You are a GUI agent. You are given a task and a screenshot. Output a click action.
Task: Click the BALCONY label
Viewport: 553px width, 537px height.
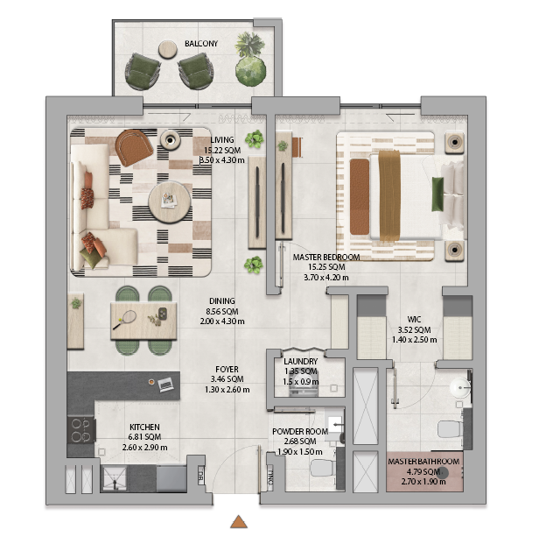201,44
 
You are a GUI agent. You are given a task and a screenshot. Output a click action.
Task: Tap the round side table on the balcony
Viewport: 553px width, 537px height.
167,49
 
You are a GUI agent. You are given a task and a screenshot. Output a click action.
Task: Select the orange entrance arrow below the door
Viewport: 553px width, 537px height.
239,522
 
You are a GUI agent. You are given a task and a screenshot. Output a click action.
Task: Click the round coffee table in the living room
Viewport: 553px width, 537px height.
170,202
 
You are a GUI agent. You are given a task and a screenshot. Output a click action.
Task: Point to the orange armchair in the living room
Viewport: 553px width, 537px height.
134,147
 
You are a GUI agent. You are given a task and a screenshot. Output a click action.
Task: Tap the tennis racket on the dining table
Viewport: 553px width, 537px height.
125,320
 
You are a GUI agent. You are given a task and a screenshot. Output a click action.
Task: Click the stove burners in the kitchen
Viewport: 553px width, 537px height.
81,429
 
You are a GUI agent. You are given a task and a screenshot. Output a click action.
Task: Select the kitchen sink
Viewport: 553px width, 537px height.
115,479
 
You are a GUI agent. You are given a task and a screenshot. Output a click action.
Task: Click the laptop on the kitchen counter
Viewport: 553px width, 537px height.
165,384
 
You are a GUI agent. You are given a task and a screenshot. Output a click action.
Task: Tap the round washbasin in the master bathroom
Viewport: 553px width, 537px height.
460,386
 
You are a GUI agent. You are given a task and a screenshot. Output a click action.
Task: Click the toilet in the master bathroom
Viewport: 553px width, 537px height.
450,429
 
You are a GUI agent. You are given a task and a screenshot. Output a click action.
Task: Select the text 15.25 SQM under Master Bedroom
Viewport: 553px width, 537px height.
326,267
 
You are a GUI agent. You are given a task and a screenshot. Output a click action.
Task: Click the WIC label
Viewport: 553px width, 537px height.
414,320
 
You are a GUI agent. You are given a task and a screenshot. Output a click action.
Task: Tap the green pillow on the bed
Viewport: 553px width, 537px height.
437,194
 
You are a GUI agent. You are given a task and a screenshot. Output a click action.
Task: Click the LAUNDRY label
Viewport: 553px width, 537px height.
300,362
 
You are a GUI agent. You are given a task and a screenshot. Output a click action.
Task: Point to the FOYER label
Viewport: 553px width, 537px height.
227,370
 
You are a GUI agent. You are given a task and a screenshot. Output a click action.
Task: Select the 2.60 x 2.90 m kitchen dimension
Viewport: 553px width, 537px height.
145,448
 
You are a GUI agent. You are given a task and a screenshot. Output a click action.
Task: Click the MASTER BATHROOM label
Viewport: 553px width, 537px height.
423,462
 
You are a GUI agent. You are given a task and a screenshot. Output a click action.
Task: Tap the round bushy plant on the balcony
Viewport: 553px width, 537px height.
250,71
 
